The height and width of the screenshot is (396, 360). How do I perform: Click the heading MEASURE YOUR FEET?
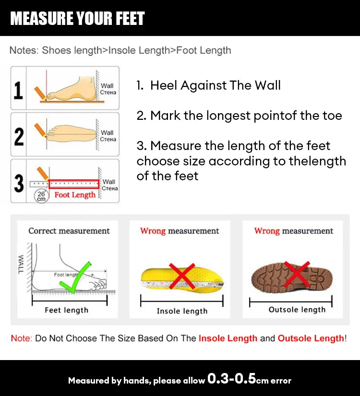pyautogui.click(x=77, y=19)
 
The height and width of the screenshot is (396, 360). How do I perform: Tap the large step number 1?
pyautogui.click(x=18, y=90)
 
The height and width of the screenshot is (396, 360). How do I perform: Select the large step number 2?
pyautogui.click(x=19, y=136)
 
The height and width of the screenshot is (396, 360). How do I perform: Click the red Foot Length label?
pyautogui.click(x=75, y=195)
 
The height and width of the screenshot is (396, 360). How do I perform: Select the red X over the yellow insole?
pyautogui.click(x=181, y=276)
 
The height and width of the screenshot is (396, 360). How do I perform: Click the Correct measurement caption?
pyautogui.click(x=69, y=231)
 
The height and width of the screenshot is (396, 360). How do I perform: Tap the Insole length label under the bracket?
pyautogui.click(x=182, y=312)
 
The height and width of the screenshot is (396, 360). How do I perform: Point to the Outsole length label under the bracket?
pyautogui.click(x=297, y=310)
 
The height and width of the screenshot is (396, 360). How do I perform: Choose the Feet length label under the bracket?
pyautogui.click(x=66, y=311)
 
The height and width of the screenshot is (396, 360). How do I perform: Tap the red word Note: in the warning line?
pyautogui.click(x=22, y=338)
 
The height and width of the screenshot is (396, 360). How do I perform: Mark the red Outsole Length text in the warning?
pyautogui.click(x=311, y=338)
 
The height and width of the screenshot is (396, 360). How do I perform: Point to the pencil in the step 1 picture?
pyautogui.click(x=38, y=91)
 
